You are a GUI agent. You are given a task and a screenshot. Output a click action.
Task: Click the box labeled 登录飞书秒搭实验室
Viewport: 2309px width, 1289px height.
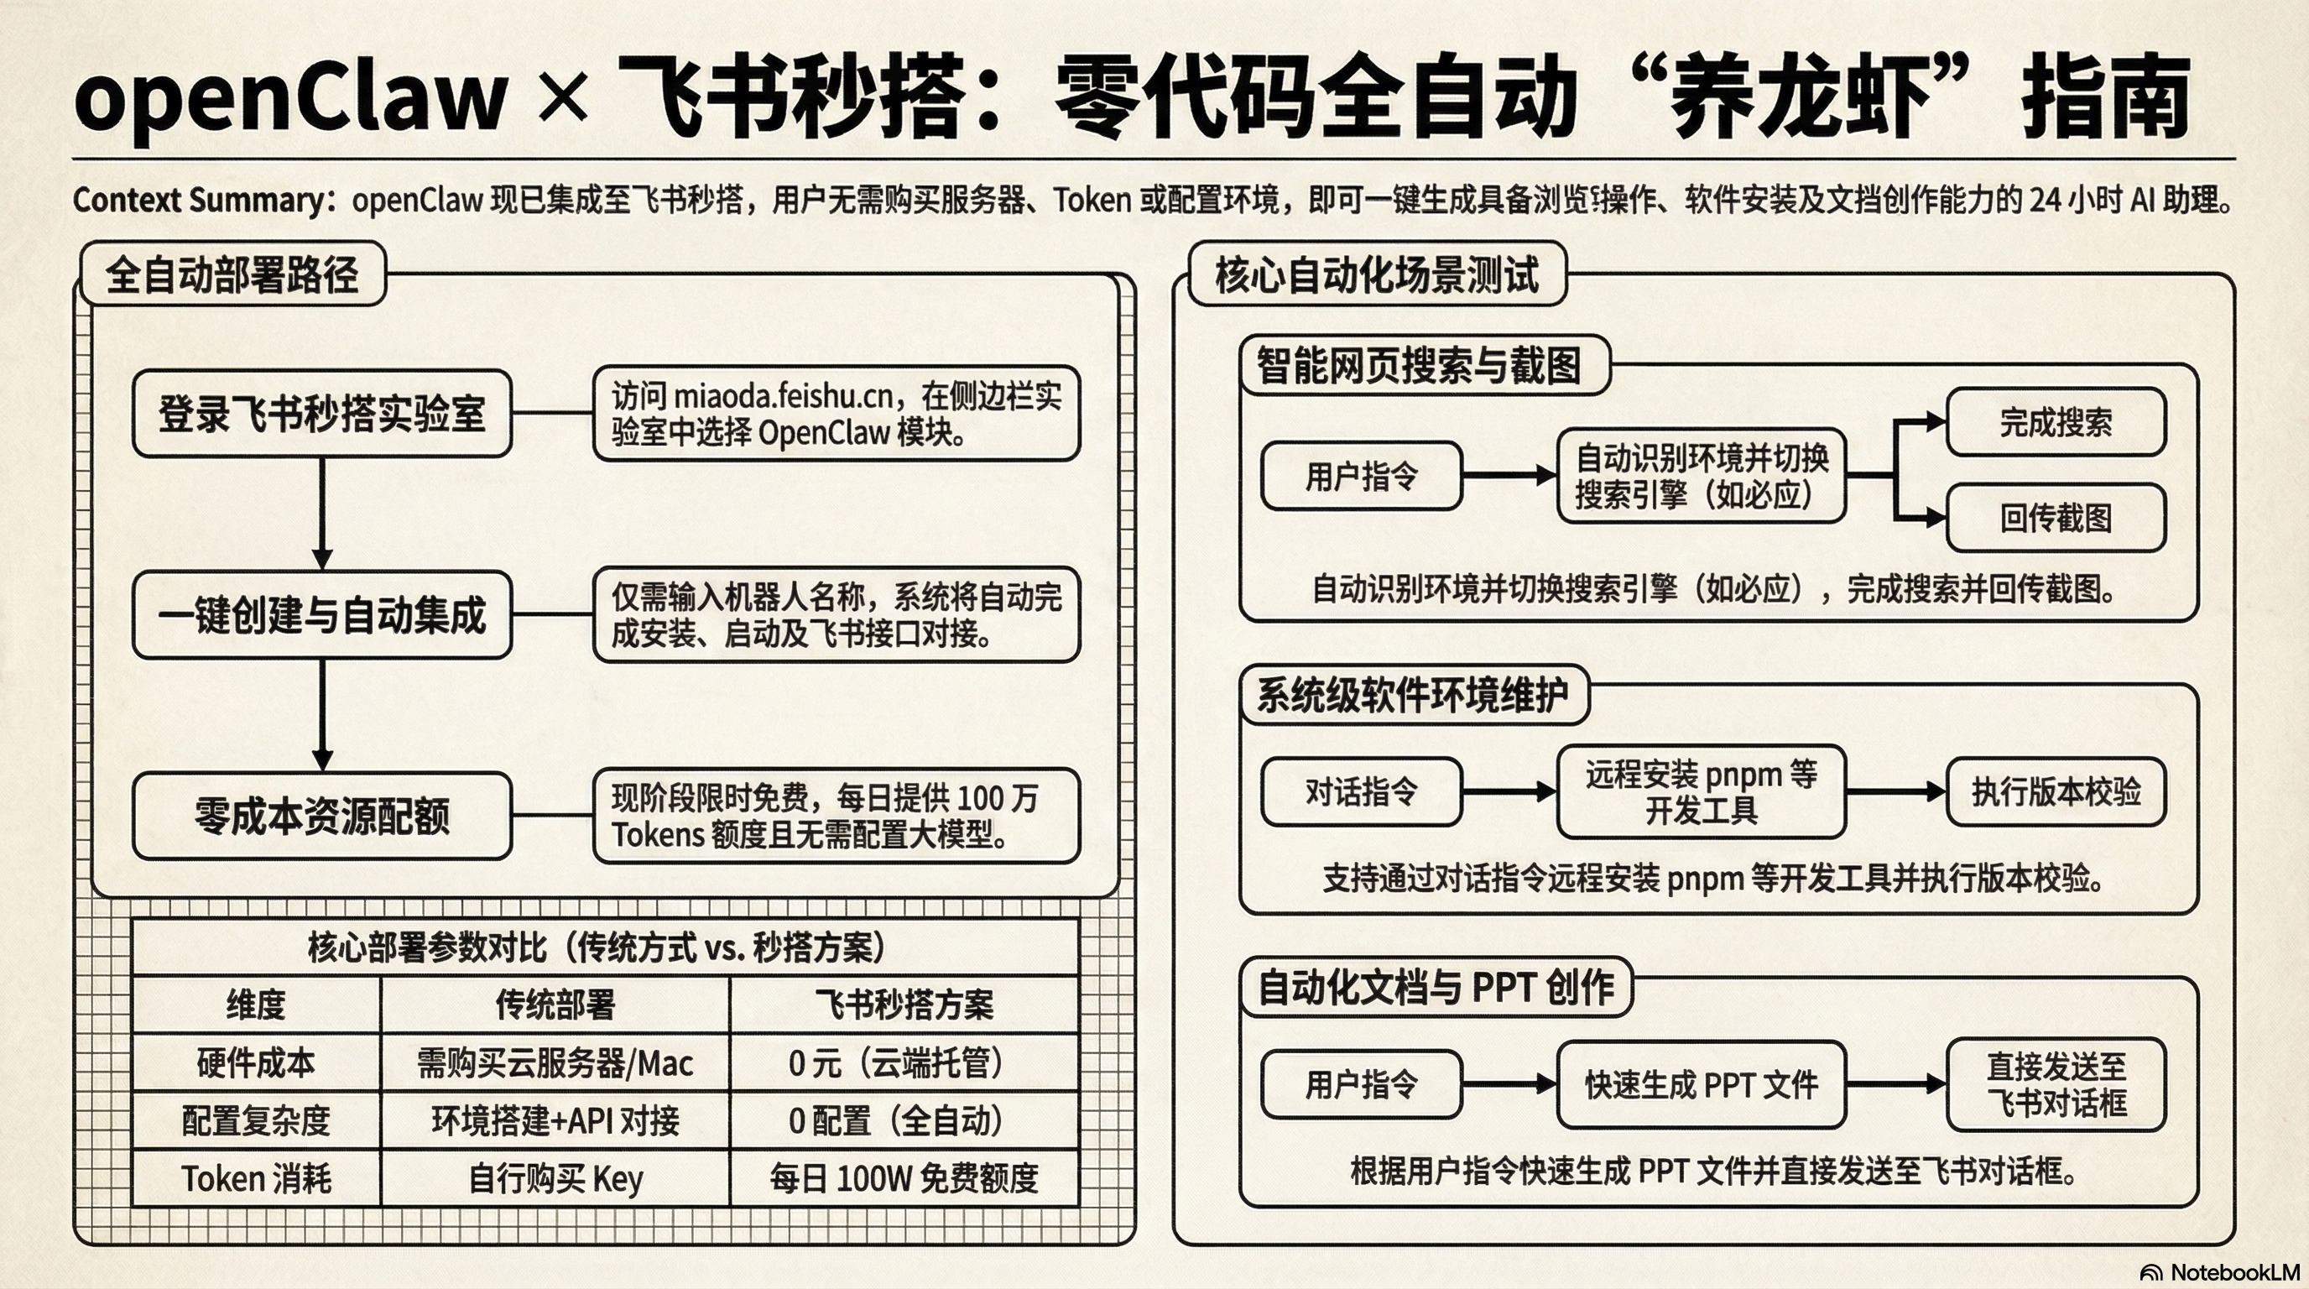[x=322, y=414]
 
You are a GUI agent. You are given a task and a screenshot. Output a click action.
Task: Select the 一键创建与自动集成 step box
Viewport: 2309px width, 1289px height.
[x=322, y=615]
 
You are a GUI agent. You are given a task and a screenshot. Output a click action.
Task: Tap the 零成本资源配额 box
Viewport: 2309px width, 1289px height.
[x=322, y=816]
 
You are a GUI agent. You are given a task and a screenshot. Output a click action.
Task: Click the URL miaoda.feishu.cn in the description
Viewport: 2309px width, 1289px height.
[x=783, y=395]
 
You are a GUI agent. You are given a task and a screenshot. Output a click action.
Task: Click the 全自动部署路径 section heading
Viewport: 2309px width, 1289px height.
[x=232, y=274]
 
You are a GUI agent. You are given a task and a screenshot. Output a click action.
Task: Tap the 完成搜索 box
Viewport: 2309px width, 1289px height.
[x=2056, y=422]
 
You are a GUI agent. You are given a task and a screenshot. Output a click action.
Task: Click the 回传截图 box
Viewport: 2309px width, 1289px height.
[x=2056, y=518]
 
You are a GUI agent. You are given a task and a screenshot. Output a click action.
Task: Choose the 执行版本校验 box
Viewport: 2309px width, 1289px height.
[x=2056, y=791]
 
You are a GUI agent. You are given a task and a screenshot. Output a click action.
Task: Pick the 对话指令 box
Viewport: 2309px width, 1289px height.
[x=1361, y=791]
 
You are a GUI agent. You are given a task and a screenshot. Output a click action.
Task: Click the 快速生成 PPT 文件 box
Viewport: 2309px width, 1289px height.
[x=1701, y=1084]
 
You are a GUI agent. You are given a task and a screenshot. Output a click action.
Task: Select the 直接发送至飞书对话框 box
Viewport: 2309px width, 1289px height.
[x=2056, y=1084]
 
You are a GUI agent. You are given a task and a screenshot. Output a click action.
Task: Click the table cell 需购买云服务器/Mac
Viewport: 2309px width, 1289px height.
[x=555, y=1063]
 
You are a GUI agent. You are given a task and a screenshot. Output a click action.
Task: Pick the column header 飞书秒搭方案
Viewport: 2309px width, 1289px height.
[x=904, y=1005]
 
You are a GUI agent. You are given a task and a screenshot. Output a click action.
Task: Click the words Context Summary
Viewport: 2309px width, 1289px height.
[x=199, y=200]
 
